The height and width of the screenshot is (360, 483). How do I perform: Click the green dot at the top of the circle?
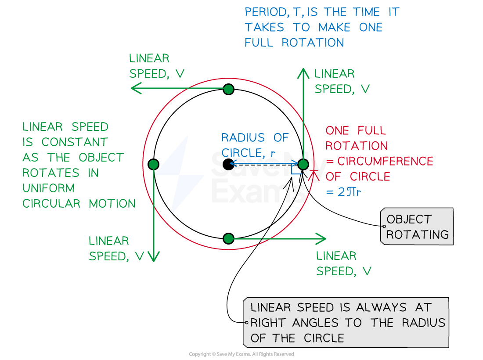point(228,90)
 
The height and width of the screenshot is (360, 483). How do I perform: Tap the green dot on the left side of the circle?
point(153,165)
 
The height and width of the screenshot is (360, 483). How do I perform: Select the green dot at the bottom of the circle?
point(228,239)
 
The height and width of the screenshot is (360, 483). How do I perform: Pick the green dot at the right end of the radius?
point(303,165)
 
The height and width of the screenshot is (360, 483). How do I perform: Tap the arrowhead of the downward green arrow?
point(153,257)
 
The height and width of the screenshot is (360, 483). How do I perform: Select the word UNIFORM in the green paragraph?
point(48,188)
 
